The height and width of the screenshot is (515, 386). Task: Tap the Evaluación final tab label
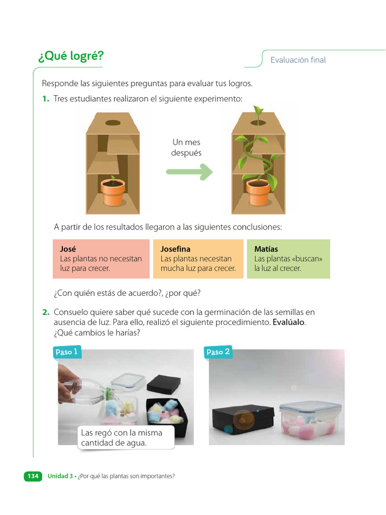(x=298, y=60)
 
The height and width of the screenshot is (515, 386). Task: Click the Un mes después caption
(x=186, y=147)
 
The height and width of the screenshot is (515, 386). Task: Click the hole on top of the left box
(x=113, y=122)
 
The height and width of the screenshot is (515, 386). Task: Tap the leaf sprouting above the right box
(x=259, y=111)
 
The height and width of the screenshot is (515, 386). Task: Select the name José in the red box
(x=68, y=249)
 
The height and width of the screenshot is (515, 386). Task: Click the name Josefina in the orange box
(x=175, y=249)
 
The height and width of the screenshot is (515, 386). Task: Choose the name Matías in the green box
(x=266, y=249)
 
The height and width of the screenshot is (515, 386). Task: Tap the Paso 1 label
(x=66, y=352)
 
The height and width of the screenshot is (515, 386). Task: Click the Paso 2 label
(x=218, y=352)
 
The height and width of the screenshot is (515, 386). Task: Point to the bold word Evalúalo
(x=288, y=322)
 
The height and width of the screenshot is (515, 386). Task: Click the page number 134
(x=33, y=476)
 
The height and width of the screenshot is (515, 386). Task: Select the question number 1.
(x=45, y=99)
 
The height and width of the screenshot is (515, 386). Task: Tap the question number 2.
(x=46, y=312)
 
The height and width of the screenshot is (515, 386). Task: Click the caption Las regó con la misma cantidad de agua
(x=126, y=438)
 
